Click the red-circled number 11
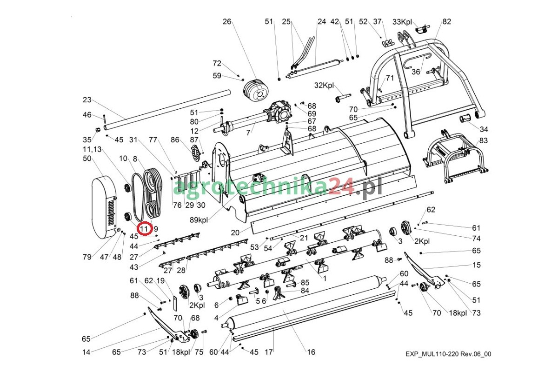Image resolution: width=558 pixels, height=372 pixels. tap(144, 228)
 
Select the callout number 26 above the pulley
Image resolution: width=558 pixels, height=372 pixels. tap(226, 21)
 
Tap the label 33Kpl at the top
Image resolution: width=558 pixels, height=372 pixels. tap(403, 21)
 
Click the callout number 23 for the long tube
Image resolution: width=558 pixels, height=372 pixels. tap(87, 100)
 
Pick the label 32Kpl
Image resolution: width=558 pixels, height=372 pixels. tap(324, 86)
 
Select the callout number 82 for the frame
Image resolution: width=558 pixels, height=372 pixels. tap(447, 21)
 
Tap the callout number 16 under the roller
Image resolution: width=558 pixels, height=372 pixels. tap(311, 352)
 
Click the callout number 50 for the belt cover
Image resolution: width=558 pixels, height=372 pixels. tap(87, 159)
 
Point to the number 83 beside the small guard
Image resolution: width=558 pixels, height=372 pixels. tap(484, 140)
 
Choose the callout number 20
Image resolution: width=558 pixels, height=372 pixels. tap(235, 232)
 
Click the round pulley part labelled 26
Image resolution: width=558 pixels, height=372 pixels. tap(256, 91)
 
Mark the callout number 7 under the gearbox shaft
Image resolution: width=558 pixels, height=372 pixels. tap(248, 133)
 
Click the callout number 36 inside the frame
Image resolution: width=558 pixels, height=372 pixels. tap(416, 72)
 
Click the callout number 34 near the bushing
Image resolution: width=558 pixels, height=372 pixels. tap(484, 129)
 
